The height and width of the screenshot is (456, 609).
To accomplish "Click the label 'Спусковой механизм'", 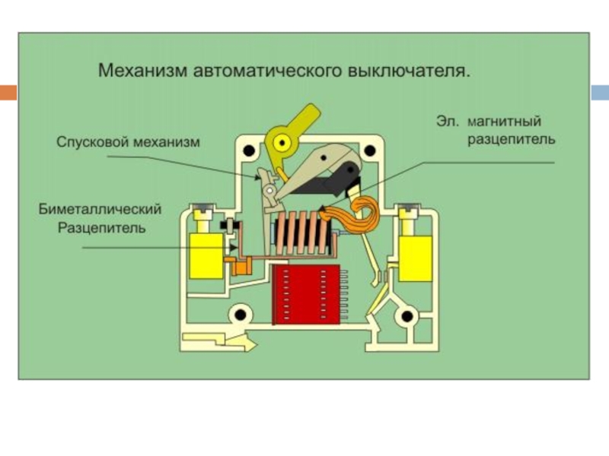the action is click(x=127, y=141).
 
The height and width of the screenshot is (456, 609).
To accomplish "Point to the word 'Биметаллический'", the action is click(x=101, y=208).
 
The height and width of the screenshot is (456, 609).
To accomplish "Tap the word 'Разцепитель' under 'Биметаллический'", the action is click(x=101, y=227).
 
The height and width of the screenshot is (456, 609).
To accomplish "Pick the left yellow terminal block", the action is click(x=203, y=255).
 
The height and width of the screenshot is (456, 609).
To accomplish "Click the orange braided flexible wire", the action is click(x=366, y=217).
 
